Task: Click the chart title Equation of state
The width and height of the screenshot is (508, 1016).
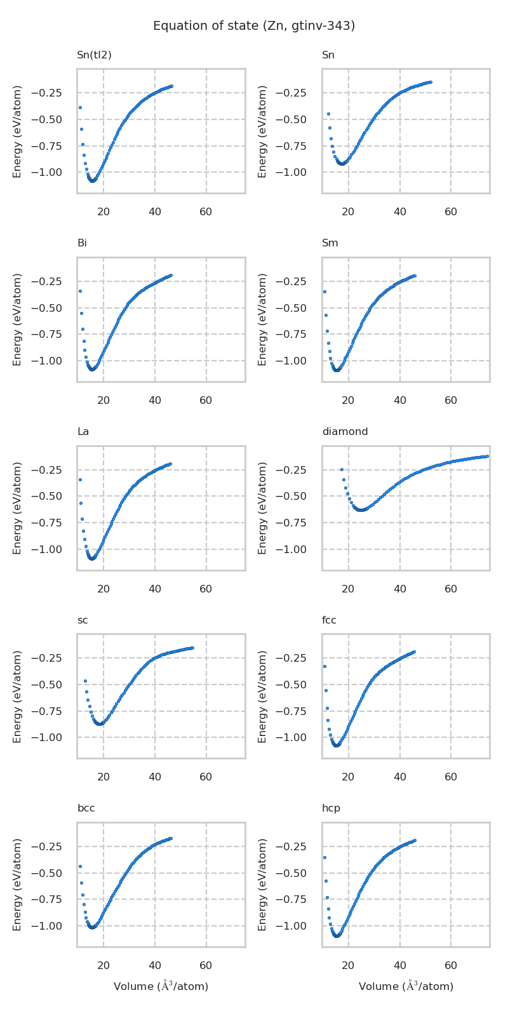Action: [254, 26]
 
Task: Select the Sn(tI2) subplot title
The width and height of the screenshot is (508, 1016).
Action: [94, 55]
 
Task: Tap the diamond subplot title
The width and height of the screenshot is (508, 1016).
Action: [345, 432]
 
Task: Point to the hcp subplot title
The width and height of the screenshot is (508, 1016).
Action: [331, 808]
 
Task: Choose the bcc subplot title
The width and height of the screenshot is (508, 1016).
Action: [86, 808]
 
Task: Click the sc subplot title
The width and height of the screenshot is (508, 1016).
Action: [83, 620]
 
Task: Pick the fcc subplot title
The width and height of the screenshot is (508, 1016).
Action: [329, 620]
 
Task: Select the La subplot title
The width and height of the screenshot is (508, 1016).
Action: [83, 432]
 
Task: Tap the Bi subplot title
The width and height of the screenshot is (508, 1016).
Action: [82, 243]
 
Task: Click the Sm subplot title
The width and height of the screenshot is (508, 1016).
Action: [330, 243]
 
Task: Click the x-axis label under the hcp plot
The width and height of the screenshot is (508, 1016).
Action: [406, 986]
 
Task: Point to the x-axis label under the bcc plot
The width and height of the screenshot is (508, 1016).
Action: [161, 986]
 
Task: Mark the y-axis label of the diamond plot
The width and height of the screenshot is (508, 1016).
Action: [262, 508]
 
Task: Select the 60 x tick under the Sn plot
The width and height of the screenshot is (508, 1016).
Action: [451, 211]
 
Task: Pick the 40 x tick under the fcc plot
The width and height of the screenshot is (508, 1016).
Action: [399, 776]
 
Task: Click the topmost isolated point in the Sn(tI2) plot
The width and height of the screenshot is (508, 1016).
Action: [80, 107]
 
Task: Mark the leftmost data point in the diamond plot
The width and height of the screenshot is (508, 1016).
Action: [342, 470]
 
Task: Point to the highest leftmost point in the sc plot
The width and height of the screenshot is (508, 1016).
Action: [85, 681]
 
